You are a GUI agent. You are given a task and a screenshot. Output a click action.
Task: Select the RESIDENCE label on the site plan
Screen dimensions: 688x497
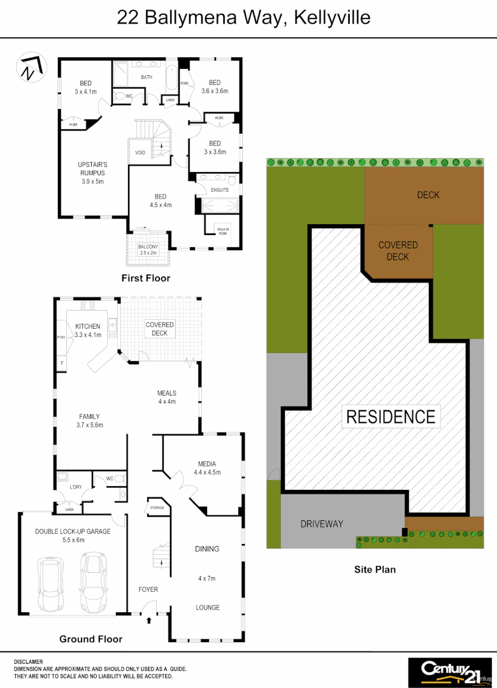point(391,417)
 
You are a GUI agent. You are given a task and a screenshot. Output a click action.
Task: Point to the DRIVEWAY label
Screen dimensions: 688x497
point(322,524)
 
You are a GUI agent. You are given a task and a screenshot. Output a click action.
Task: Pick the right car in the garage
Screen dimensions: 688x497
point(94,580)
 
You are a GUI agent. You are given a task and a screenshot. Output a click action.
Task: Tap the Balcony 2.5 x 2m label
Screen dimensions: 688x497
point(148,250)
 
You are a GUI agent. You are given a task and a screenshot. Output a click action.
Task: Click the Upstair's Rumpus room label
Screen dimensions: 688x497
point(92,173)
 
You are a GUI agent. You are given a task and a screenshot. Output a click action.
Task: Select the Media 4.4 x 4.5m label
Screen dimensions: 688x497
point(207,468)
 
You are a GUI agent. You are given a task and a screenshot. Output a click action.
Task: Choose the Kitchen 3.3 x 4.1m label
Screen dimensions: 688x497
point(88,331)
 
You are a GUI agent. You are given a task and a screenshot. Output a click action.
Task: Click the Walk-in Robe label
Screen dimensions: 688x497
point(223,231)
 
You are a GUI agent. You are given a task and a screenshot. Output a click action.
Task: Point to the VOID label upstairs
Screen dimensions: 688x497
point(140,153)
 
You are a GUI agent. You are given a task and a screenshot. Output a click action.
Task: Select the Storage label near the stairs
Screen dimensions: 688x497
point(157,508)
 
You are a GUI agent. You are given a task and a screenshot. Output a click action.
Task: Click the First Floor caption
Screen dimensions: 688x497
point(146,278)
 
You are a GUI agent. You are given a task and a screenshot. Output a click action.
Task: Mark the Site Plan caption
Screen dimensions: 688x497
point(375,569)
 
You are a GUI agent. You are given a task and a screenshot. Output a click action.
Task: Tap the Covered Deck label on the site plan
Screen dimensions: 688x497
point(398,250)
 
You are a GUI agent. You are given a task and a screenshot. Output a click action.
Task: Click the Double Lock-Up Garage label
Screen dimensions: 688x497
point(73,535)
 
